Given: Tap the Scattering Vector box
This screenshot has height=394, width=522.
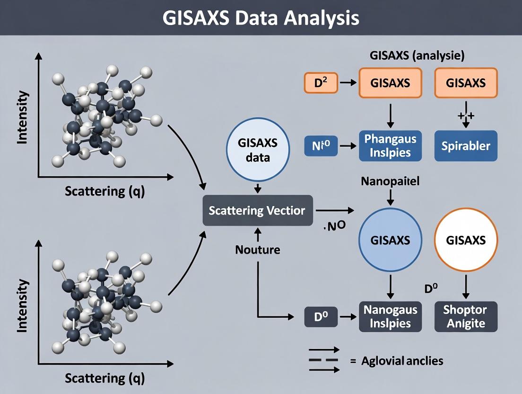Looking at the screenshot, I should pyautogui.click(x=258, y=210).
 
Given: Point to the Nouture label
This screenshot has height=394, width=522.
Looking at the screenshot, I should pyautogui.click(x=258, y=249).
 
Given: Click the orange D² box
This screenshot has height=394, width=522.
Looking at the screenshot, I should pyautogui.click(x=319, y=83).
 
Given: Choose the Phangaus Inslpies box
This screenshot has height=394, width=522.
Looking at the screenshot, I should pyautogui.click(x=390, y=145).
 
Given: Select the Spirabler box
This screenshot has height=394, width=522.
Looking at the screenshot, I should pyautogui.click(x=466, y=145).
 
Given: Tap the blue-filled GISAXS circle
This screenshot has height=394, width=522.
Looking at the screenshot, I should pyautogui.click(x=390, y=240).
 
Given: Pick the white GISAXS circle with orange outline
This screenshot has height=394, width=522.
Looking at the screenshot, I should pyautogui.click(x=466, y=240).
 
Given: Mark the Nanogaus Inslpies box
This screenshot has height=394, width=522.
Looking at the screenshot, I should pyautogui.click(x=390, y=316).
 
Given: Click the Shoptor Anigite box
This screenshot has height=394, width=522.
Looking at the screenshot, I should pyautogui.click(x=466, y=316).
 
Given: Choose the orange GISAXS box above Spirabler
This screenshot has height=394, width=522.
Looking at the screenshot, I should pyautogui.click(x=466, y=83).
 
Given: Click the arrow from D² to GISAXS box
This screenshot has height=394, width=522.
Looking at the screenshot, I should pyautogui.click(x=348, y=83).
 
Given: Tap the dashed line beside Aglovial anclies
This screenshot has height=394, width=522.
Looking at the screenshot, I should pyautogui.click(x=323, y=360).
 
